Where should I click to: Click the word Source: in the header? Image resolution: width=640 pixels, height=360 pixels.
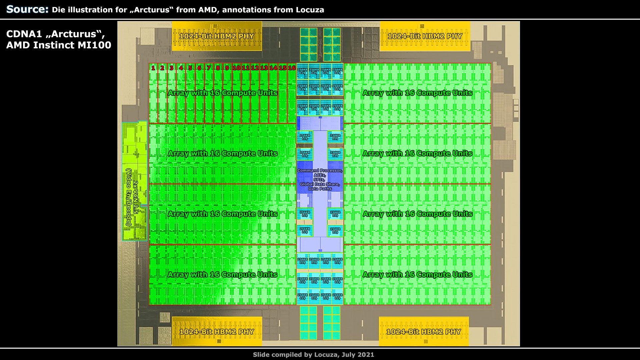(x=27, y=9)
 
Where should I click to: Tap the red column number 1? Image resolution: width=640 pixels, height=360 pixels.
(x=153, y=68)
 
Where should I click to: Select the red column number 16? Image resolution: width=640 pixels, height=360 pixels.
(x=292, y=68)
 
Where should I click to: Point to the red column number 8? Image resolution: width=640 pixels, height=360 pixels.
(x=218, y=68)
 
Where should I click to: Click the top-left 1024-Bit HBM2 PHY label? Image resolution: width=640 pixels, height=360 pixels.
(x=217, y=36)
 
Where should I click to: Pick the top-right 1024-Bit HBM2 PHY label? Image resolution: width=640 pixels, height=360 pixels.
(x=425, y=36)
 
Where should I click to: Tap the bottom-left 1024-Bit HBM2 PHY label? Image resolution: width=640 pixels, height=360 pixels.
(x=217, y=332)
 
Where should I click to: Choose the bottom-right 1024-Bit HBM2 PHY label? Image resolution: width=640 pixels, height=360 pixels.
(x=423, y=332)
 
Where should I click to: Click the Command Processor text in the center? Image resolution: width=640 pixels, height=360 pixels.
(x=320, y=171)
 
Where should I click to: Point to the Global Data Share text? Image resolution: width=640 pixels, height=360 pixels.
(x=320, y=184)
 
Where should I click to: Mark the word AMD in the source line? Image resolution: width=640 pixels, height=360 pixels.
(x=208, y=10)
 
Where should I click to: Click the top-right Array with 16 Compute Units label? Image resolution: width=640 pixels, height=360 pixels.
(x=417, y=93)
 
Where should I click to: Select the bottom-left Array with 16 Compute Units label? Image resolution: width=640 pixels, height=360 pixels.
(x=222, y=275)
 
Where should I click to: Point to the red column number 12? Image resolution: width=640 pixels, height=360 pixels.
(x=255, y=68)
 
